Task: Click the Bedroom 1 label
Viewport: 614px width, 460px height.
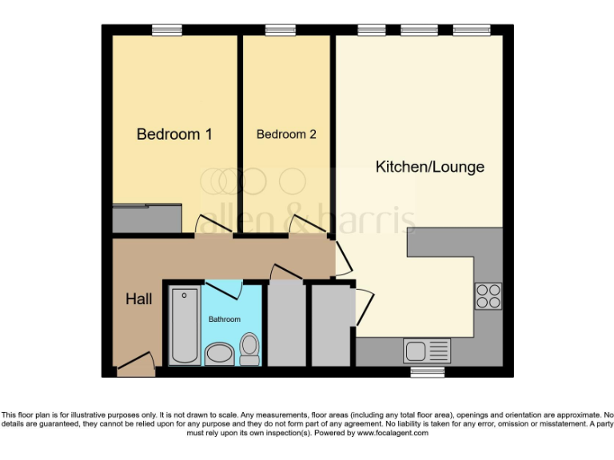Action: (x=174, y=134)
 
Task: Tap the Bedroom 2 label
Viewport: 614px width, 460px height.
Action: (x=285, y=134)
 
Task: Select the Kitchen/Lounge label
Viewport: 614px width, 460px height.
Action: (x=430, y=167)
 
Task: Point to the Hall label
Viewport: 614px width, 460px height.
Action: (x=138, y=299)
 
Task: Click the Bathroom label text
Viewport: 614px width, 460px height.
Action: (x=225, y=319)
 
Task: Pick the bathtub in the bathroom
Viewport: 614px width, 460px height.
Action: (x=185, y=327)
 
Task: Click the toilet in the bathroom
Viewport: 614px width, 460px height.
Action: (x=250, y=348)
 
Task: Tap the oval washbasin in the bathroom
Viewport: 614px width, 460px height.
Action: (x=217, y=353)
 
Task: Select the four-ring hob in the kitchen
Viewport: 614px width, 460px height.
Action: (x=488, y=296)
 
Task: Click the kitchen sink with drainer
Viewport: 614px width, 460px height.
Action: (x=427, y=351)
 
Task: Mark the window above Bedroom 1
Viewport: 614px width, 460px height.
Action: (x=167, y=30)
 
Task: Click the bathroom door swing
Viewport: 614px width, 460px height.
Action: (x=221, y=290)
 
